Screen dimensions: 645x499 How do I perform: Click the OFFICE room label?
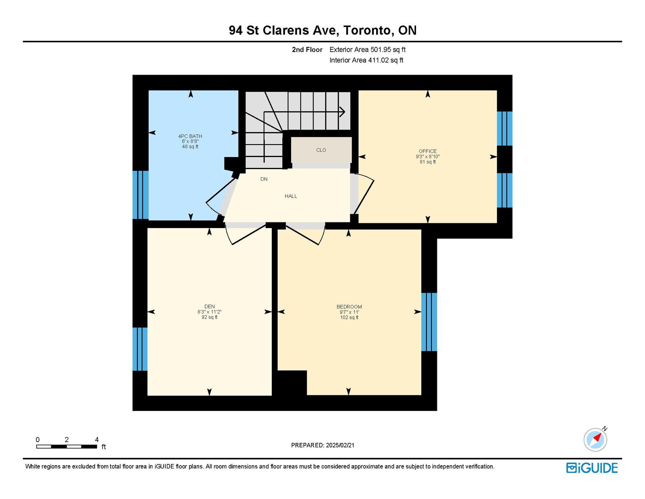coord(427,151)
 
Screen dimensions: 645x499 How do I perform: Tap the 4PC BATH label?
coord(190,136)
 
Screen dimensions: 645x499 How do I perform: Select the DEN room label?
coord(209,306)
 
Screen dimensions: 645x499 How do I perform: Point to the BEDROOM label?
coord(349,307)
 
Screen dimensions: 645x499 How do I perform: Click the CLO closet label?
coord(321,150)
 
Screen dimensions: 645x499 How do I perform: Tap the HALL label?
coord(291,196)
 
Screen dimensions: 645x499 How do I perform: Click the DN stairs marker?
coord(264,179)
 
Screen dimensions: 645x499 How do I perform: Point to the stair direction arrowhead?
coord(342,112)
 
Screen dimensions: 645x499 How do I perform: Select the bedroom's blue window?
coord(429,322)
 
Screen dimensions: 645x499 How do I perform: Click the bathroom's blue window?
coord(140,195)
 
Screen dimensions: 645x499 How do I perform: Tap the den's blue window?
coord(140,349)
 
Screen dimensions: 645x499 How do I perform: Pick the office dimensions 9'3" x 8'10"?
coord(427,157)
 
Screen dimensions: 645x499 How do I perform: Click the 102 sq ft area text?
coord(349,317)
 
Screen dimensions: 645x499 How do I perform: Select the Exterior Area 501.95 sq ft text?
coord(367,50)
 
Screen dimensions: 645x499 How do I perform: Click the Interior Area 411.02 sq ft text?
coord(366,60)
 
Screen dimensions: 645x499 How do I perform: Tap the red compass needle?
coord(597,437)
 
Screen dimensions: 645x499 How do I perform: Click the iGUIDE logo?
coord(592,468)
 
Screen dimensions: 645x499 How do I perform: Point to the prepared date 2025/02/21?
coord(340,445)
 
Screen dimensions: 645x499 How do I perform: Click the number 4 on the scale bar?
coord(97,440)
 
